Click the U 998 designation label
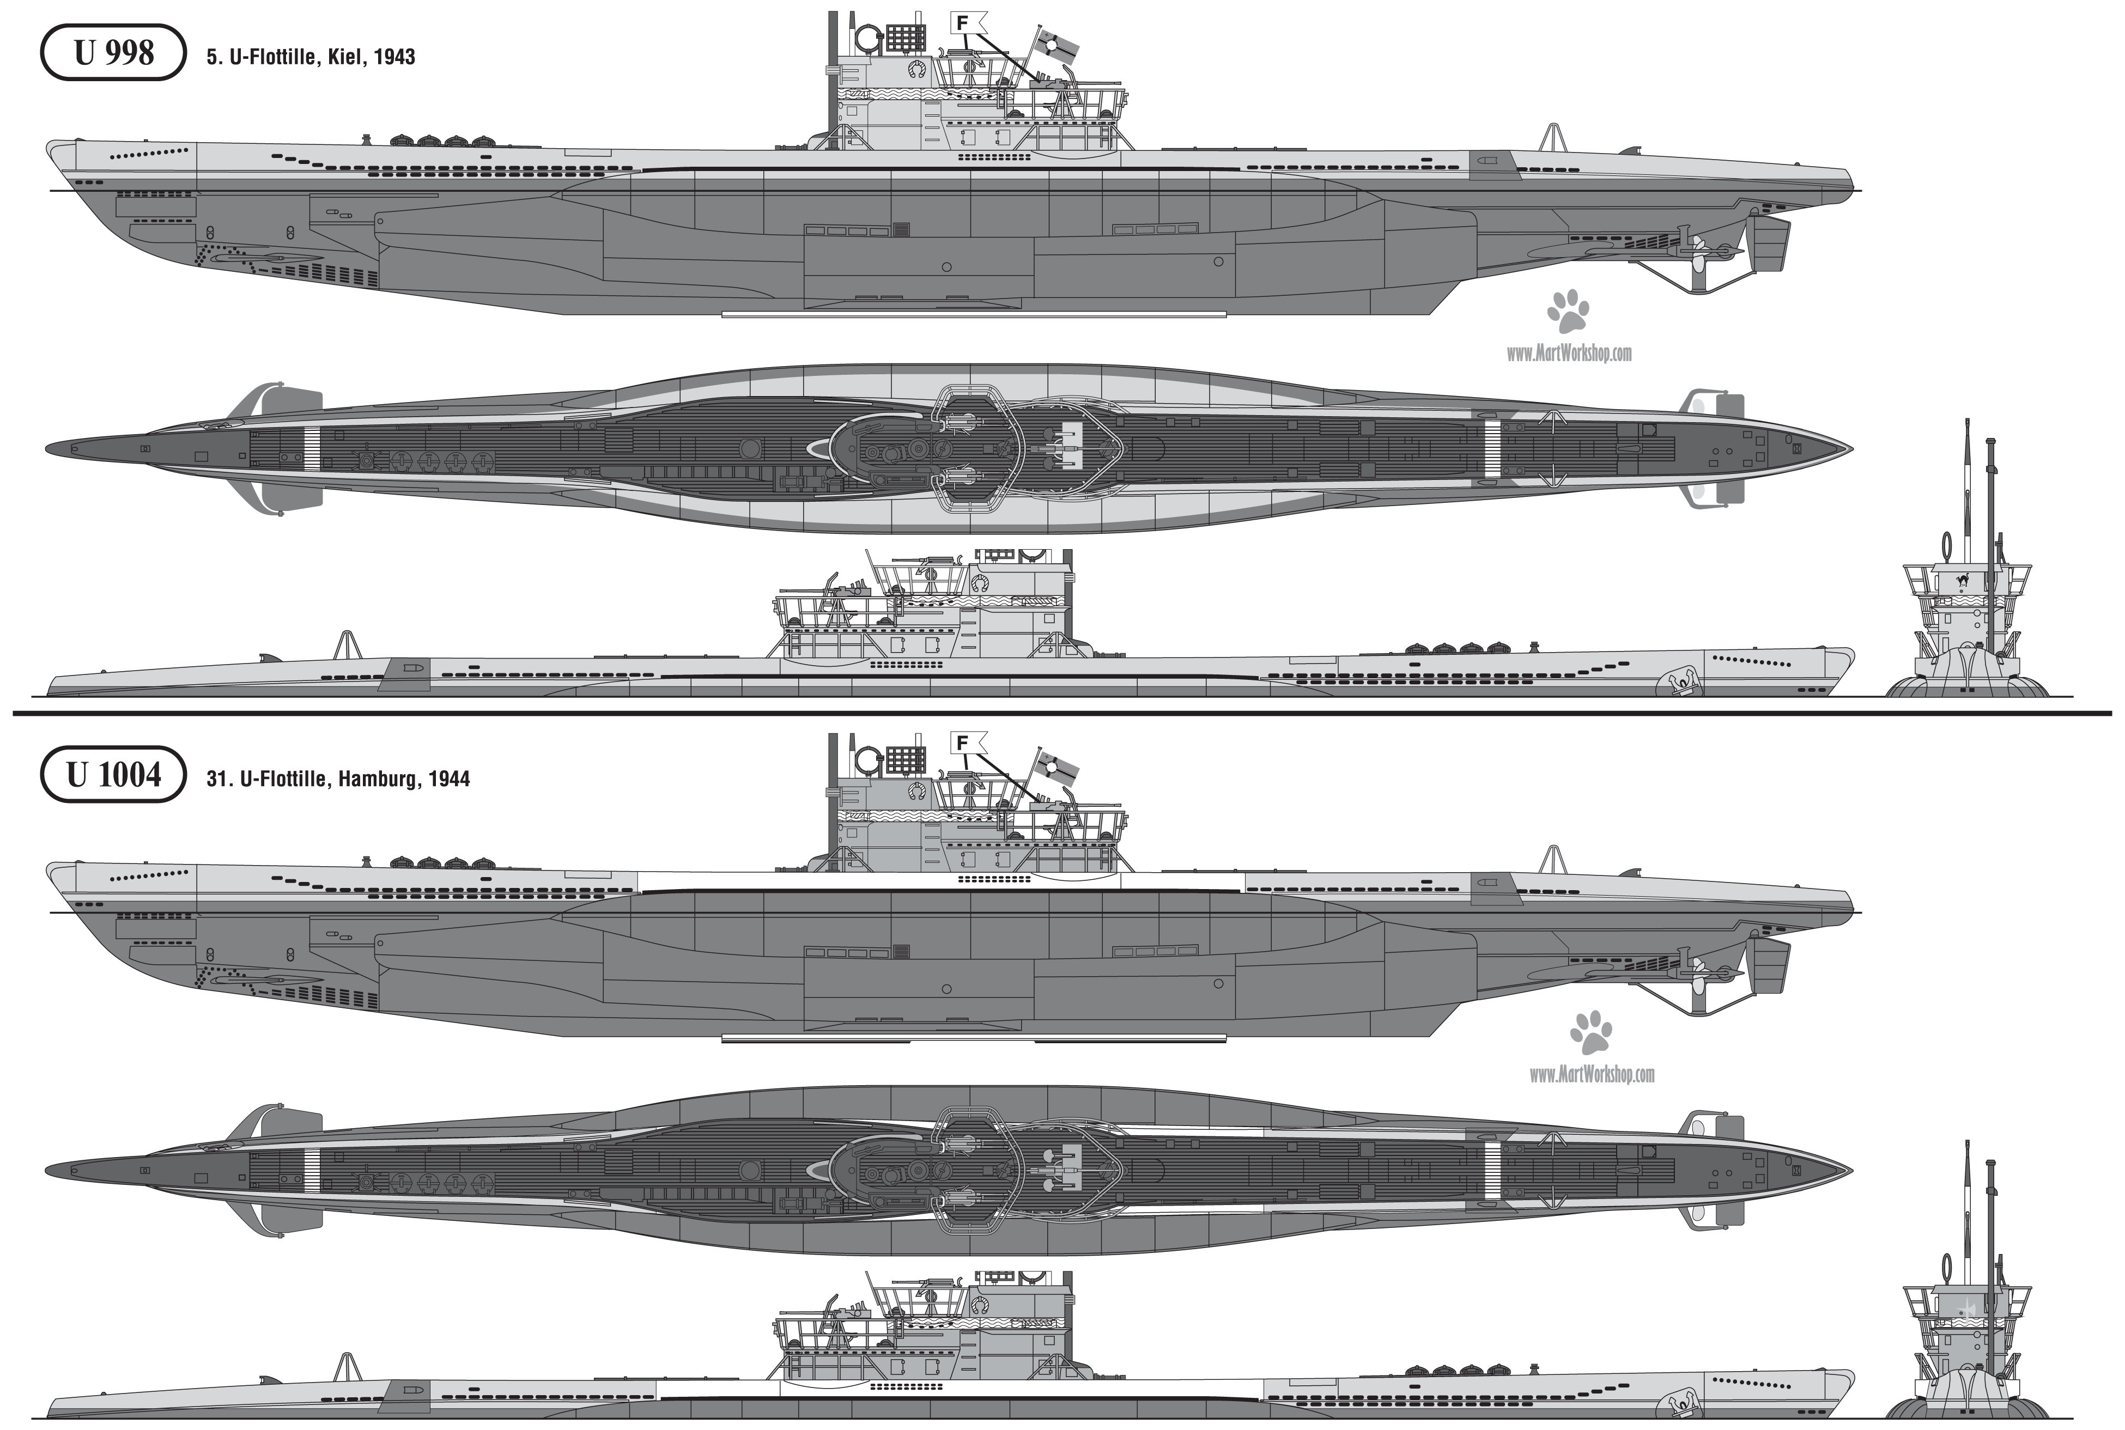pyautogui.click(x=114, y=53)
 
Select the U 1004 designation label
pyautogui.click(x=114, y=774)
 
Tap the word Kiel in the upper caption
pyautogui.click(x=347, y=57)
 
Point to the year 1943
pyautogui.click(x=395, y=57)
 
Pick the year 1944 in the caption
pyautogui.click(x=449, y=779)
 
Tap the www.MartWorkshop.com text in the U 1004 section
pyautogui.click(x=1592, y=1074)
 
